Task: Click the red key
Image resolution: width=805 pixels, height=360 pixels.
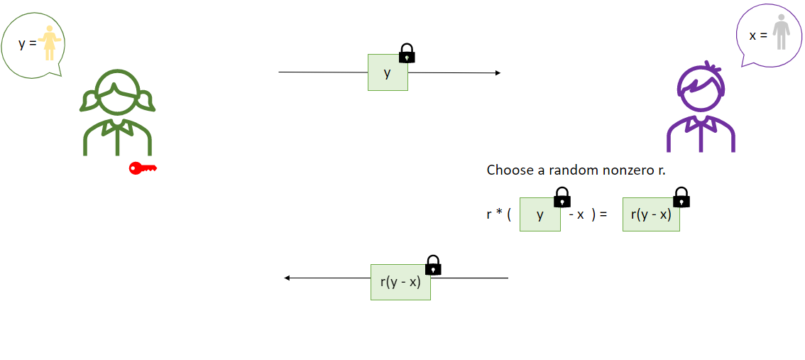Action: [142, 168]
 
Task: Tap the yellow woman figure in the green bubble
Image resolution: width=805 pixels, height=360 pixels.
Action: [50, 43]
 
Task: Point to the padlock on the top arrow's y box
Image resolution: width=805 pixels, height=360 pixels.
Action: [407, 53]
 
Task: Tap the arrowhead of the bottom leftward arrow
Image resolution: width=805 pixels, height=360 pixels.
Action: [287, 278]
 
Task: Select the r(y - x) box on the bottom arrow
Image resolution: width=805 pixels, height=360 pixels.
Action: [400, 282]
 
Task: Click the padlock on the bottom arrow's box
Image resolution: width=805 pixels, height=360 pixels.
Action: [433, 266]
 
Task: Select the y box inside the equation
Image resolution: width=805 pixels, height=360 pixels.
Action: [540, 214]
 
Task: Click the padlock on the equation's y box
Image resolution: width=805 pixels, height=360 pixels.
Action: [562, 197]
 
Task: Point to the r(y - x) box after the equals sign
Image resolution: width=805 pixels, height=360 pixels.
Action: [651, 214]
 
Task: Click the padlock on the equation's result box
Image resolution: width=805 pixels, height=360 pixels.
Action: [681, 197]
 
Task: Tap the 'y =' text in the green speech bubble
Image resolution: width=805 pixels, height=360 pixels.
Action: [27, 43]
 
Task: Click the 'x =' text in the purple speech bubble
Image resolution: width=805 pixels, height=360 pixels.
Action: [758, 34]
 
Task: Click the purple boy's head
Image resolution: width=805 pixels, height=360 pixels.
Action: [701, 88]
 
